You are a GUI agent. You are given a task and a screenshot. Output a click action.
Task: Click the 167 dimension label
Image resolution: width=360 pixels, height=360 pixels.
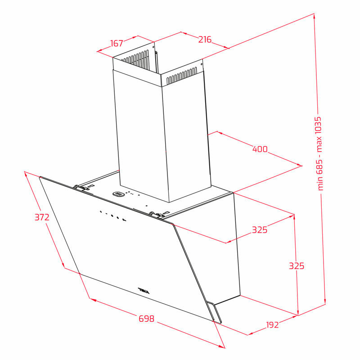click(x=117, y=43)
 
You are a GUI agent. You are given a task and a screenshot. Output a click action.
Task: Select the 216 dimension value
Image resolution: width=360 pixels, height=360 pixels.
click(x=205, y=40)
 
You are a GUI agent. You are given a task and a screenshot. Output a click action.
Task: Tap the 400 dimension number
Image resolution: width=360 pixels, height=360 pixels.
click(x=260, y=149)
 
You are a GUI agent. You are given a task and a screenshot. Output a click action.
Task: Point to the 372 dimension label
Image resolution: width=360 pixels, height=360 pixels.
click(x=42, y=217)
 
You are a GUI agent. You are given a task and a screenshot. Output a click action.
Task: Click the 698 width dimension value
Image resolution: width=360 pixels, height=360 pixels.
click(x=147, y=319)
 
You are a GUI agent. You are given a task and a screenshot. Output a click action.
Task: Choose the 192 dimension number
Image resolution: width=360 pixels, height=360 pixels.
click(x=272, y=324)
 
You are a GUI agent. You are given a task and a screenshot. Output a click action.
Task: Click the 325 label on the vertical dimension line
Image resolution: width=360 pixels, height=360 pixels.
click(x=297, y=266)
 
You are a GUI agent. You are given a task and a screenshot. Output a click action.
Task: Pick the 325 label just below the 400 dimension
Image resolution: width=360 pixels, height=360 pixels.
click(x=260, y=229)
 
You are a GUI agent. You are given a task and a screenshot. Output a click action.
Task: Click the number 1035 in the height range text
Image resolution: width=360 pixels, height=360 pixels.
click(x=318, y=127)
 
